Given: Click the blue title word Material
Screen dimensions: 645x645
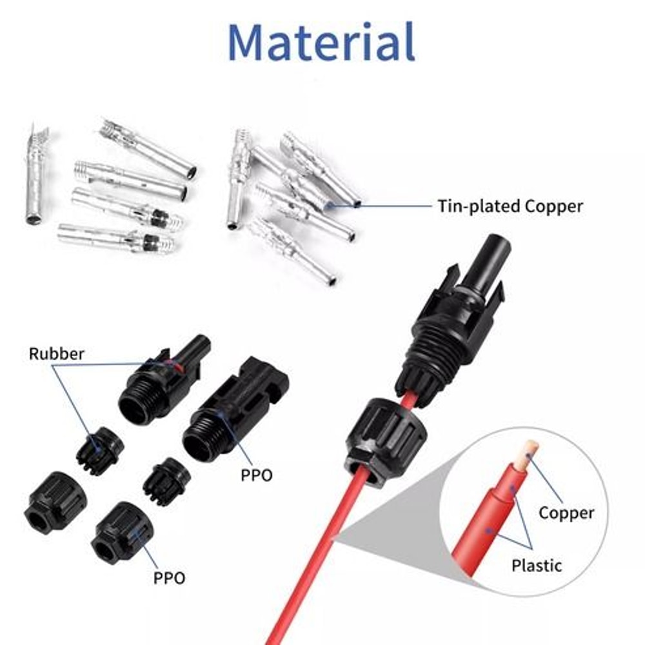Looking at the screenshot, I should click(x=321, y=42).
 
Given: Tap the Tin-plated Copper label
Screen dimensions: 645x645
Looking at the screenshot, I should click(x=510, y=206).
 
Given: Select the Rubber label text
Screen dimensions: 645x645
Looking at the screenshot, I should click(x=56, y=353).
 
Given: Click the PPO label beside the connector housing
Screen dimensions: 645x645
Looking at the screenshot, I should click(x=257, y=475).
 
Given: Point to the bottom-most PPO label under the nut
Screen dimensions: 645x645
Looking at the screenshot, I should click(x=169, y=577).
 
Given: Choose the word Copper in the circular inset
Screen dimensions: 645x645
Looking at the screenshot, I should click(x=566, y=513).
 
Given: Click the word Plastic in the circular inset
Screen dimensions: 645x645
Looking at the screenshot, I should click(x=536, y=566).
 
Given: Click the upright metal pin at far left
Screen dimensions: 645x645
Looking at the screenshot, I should click(x=35, y=177).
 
